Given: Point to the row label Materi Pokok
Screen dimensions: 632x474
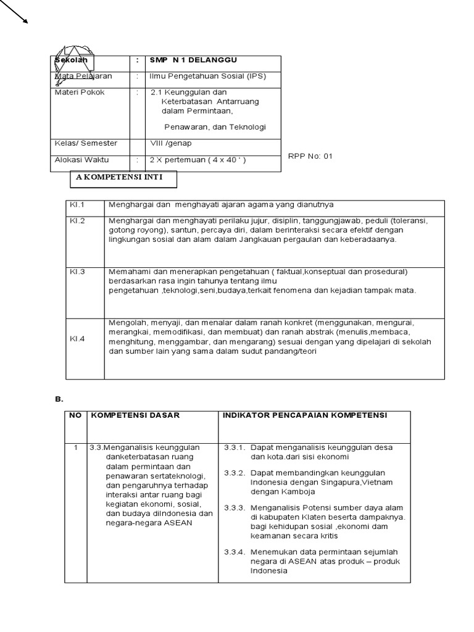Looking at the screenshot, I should (x=80, y=93).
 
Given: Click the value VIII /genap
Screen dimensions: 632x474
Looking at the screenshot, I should (x=171, y=143).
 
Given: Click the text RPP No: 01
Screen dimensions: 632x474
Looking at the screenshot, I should (x=310, y=156).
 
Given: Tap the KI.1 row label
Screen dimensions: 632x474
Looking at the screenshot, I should (x=77, y=204).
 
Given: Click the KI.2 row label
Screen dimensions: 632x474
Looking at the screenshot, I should (x=77, y=220).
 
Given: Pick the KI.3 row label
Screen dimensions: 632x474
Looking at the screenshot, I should (x=77, y=272).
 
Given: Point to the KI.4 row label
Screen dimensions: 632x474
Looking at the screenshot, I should (x=77, y=338).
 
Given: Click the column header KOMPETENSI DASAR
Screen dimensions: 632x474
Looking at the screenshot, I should (x=135, y=415).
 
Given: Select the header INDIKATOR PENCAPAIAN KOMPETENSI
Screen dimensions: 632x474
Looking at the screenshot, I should (x=304, y=415).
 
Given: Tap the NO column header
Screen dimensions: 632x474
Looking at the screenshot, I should (x=75, y=415).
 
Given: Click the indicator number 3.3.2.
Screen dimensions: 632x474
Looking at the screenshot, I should (x=235, y=472).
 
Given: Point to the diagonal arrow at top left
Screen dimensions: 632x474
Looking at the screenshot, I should (x=14, y=12).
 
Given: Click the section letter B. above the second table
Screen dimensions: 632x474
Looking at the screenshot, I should (x=59, y=400).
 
